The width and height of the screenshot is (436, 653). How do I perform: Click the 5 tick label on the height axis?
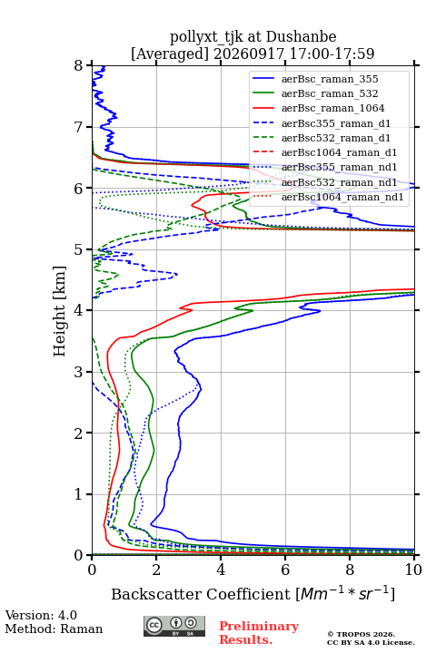(x=79, y=249)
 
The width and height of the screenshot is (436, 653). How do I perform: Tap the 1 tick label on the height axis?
(x=79, y=494)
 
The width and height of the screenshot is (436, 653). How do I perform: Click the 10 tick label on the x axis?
(x=414, y=570)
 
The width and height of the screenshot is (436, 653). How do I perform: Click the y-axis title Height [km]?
(x=60, y=311)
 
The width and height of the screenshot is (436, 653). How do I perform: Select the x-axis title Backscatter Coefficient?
(x=201, y=594)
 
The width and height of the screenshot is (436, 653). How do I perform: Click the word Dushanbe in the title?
(x=302, y=36)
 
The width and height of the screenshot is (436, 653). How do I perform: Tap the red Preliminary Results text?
(x=259, y=633)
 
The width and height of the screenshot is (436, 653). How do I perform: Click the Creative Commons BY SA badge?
(x=174, y=627)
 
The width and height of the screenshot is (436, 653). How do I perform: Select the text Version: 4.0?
(x=41, y=615)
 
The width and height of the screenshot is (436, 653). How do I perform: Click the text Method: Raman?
(x=54, y=629)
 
